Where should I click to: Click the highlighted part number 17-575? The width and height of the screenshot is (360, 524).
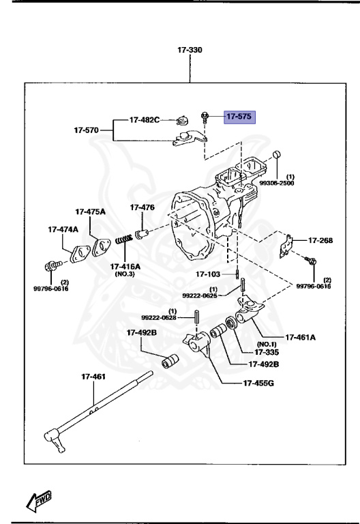(x=239, y=117)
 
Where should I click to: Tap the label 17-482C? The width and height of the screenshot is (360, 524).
(x=145, y=119)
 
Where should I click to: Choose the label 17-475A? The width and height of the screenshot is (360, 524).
(x=90, y=212)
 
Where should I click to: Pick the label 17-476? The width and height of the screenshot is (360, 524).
(x=142, y=207)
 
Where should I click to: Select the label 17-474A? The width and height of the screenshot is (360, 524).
(x=63, y=230)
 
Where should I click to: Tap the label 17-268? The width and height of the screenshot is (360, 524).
(x=320, y=240)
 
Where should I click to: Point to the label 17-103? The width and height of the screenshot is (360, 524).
(x=209, y=274)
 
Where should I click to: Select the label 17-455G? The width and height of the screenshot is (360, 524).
(x=258, y=383)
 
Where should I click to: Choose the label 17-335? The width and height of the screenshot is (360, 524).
(x=267, y=352)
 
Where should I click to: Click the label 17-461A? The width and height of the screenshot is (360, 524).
(x=301, y=336)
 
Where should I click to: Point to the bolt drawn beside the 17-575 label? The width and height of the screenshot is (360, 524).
(x=204, y=117)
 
